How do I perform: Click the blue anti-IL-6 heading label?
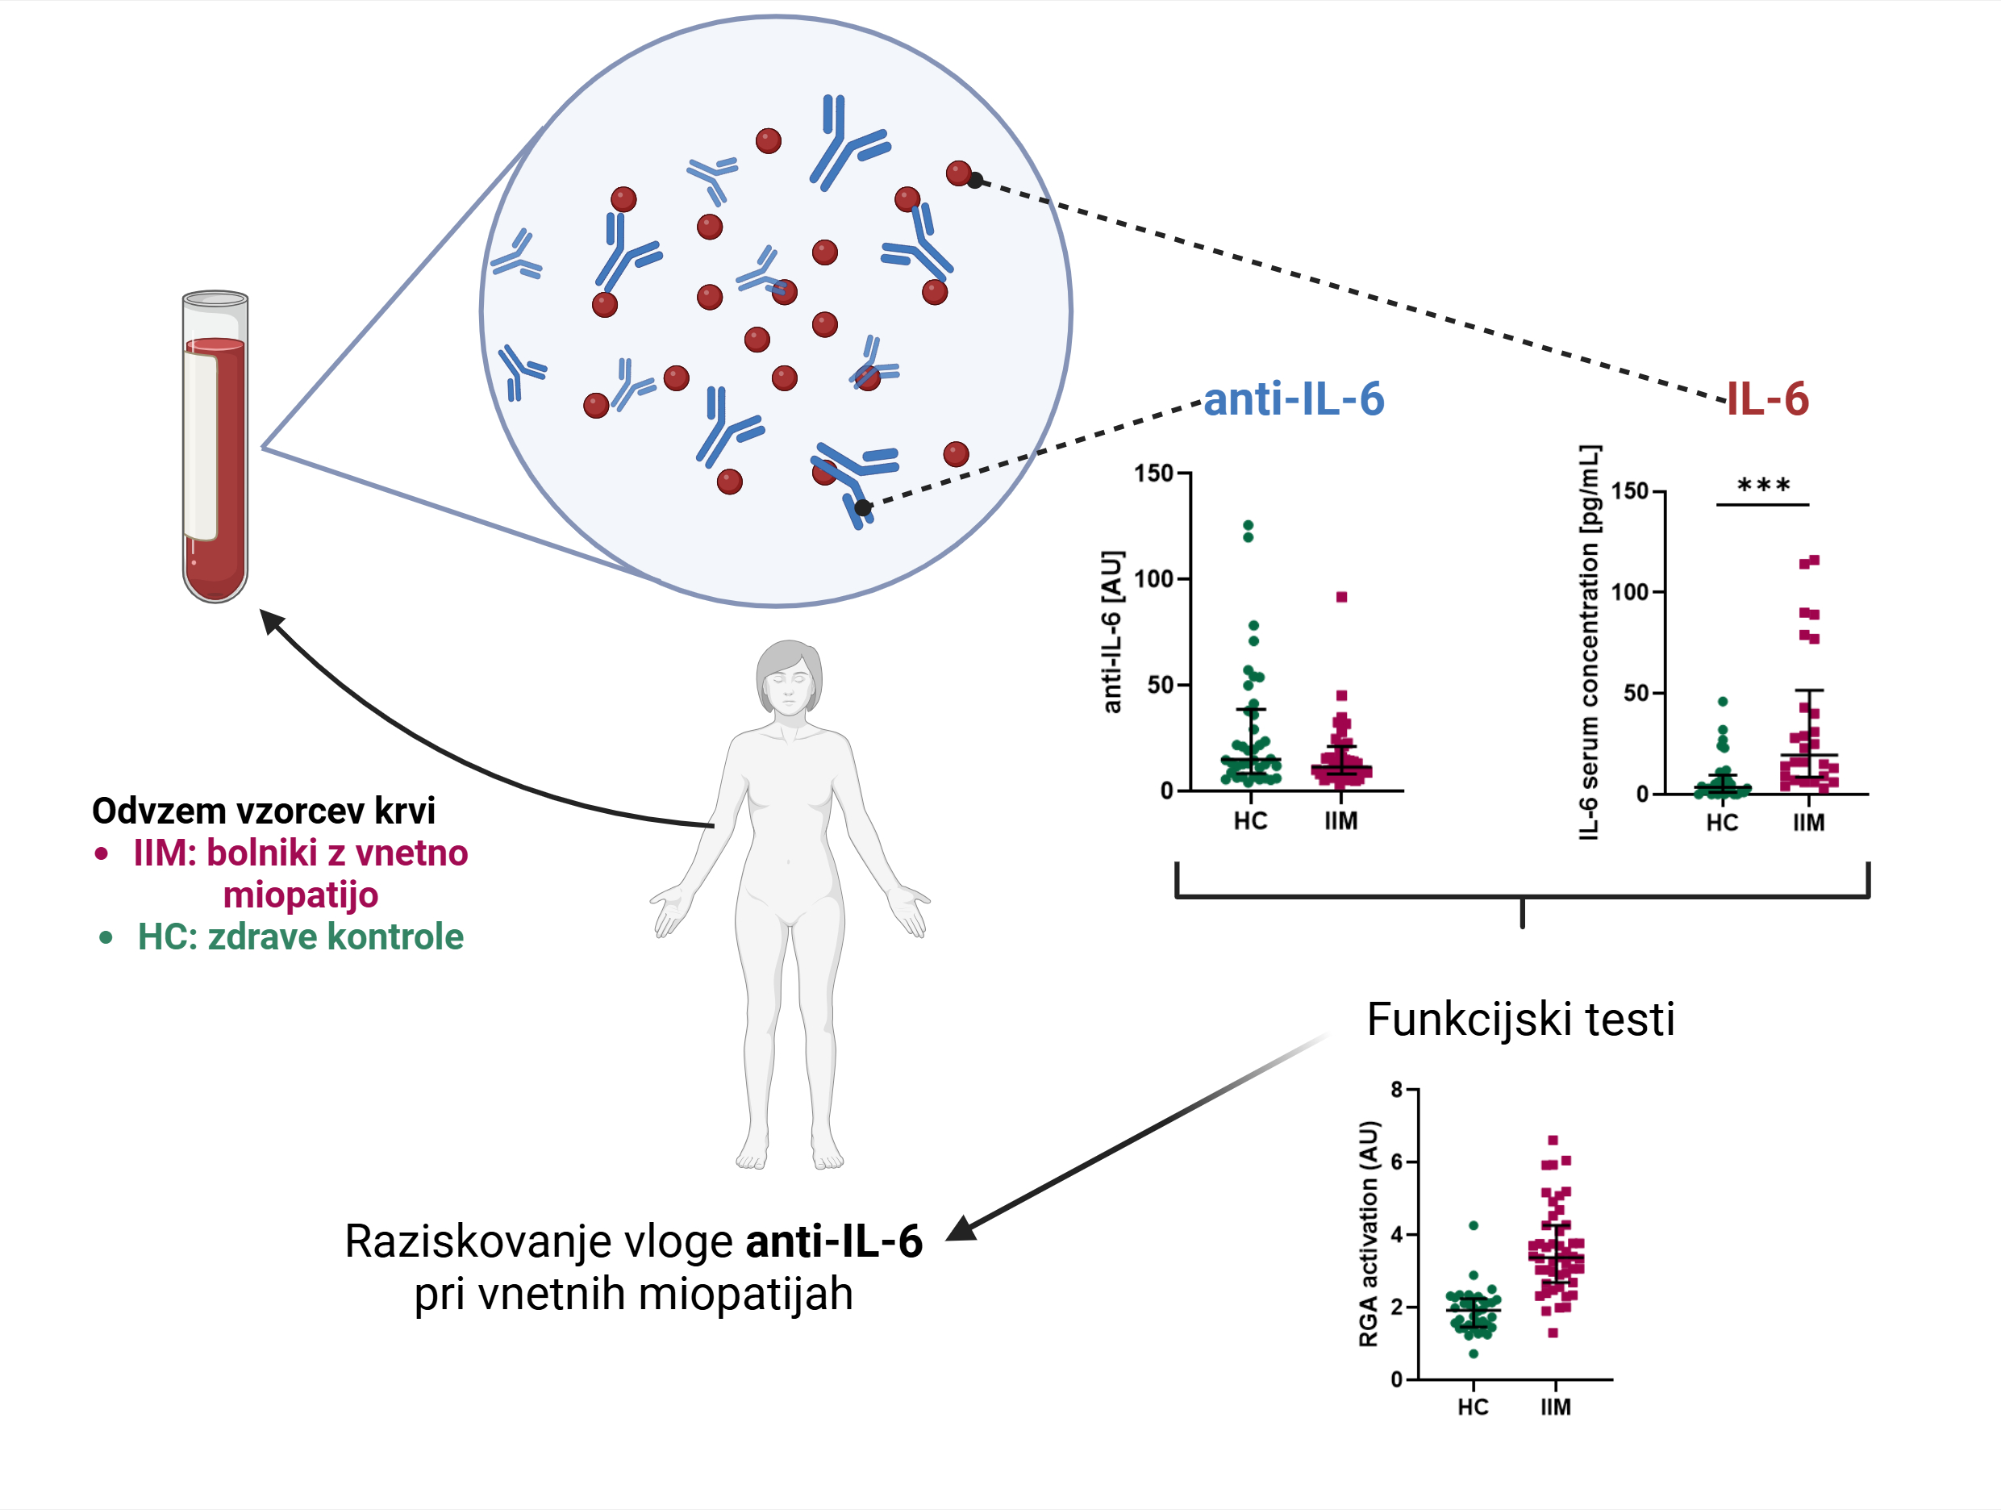(1294, 399)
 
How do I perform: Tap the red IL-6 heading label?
(1768, 399)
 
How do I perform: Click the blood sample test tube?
(215, 447)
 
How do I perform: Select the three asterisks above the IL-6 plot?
(1763, 486)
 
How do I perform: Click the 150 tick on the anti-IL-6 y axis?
(1153, 473)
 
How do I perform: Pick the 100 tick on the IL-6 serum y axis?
(1630, 593)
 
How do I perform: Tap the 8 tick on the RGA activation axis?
(1397, 1089)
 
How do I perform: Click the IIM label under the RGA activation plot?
(1556, 1407)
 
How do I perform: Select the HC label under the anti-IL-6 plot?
(1250, 821)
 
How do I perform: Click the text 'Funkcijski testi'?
(1520, 1020)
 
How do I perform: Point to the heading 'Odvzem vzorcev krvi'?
(263, 811)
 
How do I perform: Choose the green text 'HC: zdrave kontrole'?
(300, 936)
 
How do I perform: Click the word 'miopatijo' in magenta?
(300, 895)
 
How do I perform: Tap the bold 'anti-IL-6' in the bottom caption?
(833, 1241)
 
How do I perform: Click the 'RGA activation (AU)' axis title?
(1369, 1234)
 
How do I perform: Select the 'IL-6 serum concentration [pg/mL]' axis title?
(1590, 642)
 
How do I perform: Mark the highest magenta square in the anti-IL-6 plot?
(1341, 597)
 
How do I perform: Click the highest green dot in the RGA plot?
(1474, 1225)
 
